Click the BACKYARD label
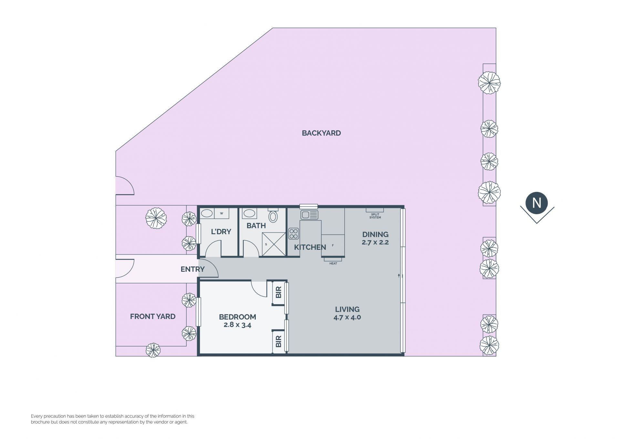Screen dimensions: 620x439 (321, 133)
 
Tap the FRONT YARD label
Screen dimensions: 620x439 (153, 316)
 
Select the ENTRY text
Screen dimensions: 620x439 (192, 269)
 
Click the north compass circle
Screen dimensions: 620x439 (537, 203)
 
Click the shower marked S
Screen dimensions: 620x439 (274, 244)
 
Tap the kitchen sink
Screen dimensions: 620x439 (309, 214)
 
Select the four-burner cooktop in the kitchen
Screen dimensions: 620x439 (294, 234)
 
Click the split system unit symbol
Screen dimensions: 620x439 (375, 210)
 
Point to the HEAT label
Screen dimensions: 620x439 (333, 264)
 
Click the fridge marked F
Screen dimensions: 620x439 (333, 246)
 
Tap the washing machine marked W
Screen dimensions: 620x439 (222, 214)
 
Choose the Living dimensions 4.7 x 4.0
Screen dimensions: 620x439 (347, 317)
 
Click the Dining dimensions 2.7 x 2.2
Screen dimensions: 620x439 (375, 242)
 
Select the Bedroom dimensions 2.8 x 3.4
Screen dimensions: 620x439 (237, 325)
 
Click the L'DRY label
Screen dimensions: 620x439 (221, 232)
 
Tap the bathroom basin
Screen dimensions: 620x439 (249, 214)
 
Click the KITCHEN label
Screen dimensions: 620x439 (310, 247)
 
